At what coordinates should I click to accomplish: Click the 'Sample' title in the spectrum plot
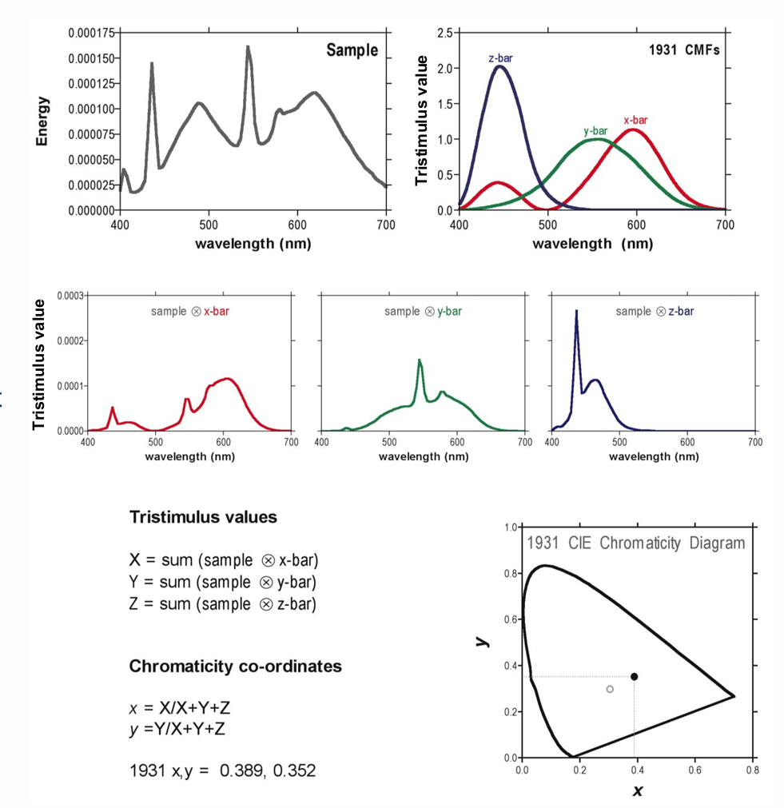coord(352,50)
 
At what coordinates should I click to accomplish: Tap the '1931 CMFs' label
coord(683,50)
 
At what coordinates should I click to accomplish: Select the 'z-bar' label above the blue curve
coord(500,58)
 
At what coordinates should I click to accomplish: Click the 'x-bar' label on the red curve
coord(636,120)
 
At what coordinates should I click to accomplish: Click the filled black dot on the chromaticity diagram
coord(634,676)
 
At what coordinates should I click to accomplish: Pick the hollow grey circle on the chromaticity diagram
coord(610,689)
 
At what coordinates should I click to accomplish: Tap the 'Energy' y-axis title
coord(43,121)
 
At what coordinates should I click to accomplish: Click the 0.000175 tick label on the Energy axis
coord(91,33)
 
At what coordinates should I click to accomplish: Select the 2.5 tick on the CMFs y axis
coord(445,33)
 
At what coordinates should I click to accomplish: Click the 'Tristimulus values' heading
coord(203,517)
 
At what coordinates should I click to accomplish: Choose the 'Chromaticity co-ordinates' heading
coord(235,666)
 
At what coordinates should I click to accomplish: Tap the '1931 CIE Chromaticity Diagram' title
coord(635,543)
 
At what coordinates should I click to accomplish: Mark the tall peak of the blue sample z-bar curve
coord(576,311)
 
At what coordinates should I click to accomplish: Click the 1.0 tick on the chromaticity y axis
coord(512,527)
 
